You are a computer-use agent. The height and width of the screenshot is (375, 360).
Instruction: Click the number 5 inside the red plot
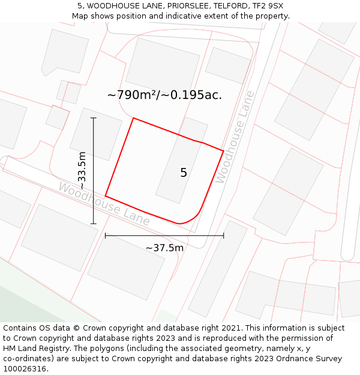(x=184, y=173)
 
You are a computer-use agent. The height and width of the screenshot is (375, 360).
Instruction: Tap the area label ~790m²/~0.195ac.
(x=164, y=95)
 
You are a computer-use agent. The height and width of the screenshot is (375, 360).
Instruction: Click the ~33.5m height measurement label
(x=82, y=171)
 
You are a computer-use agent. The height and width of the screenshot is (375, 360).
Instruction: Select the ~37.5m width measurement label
(x=164, y=248)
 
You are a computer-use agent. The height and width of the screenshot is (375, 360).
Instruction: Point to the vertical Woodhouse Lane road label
(x=235, y=137)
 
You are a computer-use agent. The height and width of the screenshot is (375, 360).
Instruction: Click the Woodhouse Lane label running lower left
(x=104, y=205)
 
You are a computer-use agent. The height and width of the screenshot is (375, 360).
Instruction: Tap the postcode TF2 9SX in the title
(x=268, y=6)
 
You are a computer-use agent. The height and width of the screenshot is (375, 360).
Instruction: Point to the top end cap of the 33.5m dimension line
(x=93, y=118)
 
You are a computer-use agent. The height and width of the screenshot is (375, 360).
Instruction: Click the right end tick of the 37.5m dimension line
(x=223, y=236)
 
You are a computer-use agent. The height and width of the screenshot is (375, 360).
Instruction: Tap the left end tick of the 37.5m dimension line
(x=106, y=236)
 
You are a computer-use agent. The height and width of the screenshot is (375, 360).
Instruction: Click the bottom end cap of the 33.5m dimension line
(x=93, y=224)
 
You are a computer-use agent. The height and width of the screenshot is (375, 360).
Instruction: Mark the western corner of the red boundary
(x=106, y=196)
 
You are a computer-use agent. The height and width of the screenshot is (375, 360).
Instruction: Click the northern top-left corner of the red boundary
(x=133, y=118)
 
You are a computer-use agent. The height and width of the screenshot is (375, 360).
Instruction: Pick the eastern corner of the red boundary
(x=223, y=151)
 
